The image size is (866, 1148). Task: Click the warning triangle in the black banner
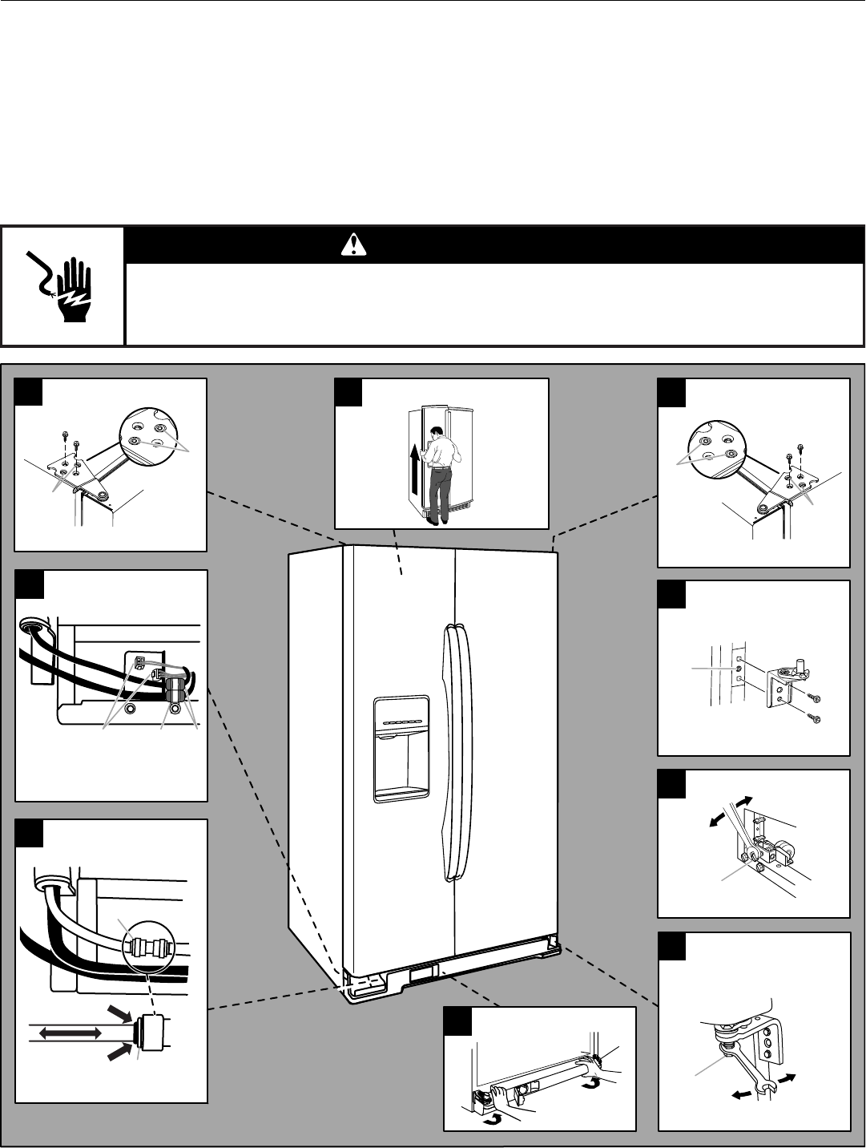coord(352,246)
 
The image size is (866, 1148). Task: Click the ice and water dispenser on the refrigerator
coord(401,748)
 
